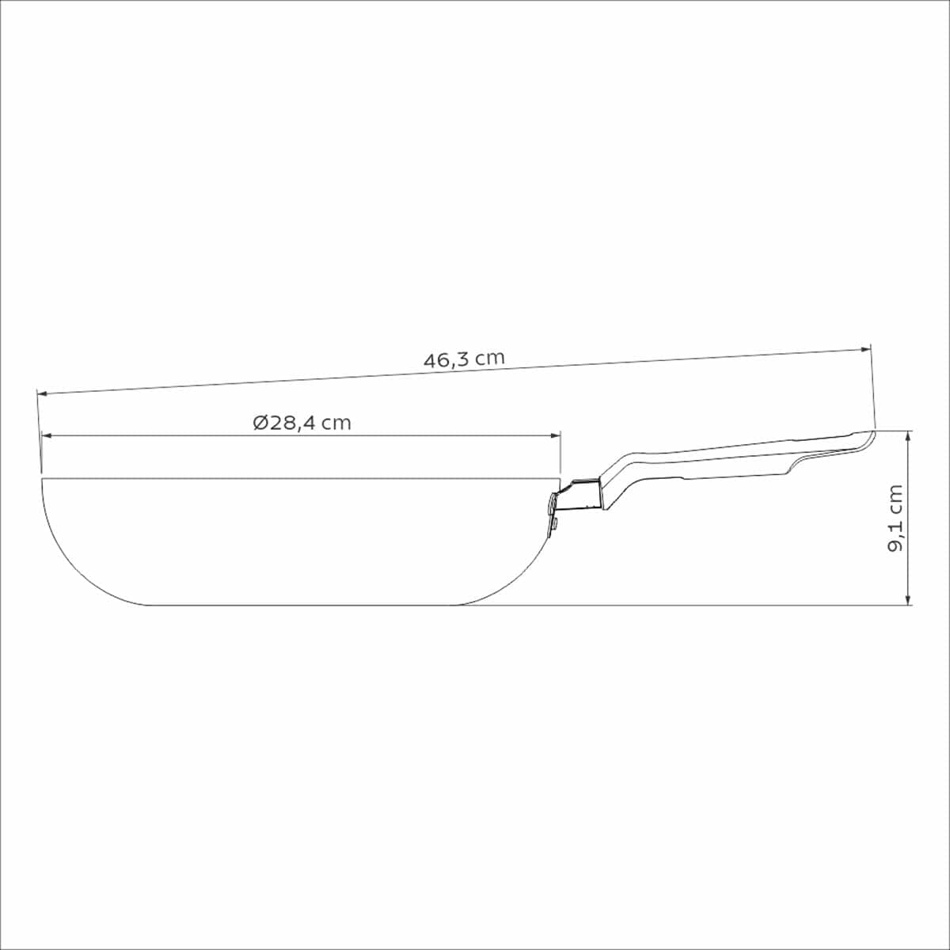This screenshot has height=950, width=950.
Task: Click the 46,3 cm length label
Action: point(464,359)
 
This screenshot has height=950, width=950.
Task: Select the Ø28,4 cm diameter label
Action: point(302,423)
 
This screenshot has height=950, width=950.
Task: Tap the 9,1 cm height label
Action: point(895,518)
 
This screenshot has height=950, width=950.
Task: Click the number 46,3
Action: point(446,360)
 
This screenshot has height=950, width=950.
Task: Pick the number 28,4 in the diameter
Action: point(293,423)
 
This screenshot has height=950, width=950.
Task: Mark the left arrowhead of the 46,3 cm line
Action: point(42,393)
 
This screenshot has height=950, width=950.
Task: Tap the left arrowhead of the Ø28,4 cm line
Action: point(46,435)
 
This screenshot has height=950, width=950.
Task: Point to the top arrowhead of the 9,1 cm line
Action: point(909,435)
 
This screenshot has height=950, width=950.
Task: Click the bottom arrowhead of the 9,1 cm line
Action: point(909,601)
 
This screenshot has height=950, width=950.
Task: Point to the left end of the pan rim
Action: point(42,478)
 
